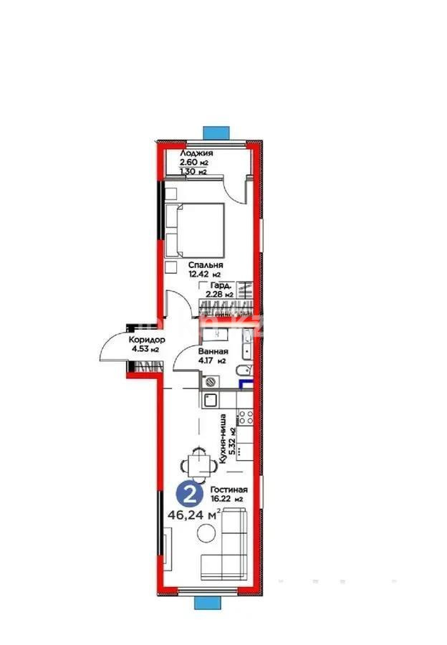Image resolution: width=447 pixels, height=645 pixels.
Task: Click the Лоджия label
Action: [x=196, y=153]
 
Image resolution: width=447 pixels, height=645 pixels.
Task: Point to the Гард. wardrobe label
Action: [x=219, y=285]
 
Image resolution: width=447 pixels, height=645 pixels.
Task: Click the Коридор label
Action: [x=147, y=340]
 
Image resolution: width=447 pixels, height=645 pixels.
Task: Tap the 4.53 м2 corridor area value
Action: [x=145, y=350]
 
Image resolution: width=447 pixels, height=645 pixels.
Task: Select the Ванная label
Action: [x=213, y=351]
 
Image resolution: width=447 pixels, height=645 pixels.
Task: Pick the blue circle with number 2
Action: [x=188, y=494]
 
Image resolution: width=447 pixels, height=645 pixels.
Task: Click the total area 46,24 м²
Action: [x=194, y=514]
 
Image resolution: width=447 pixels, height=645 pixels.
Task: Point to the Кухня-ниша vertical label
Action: [x=225, y=439]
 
